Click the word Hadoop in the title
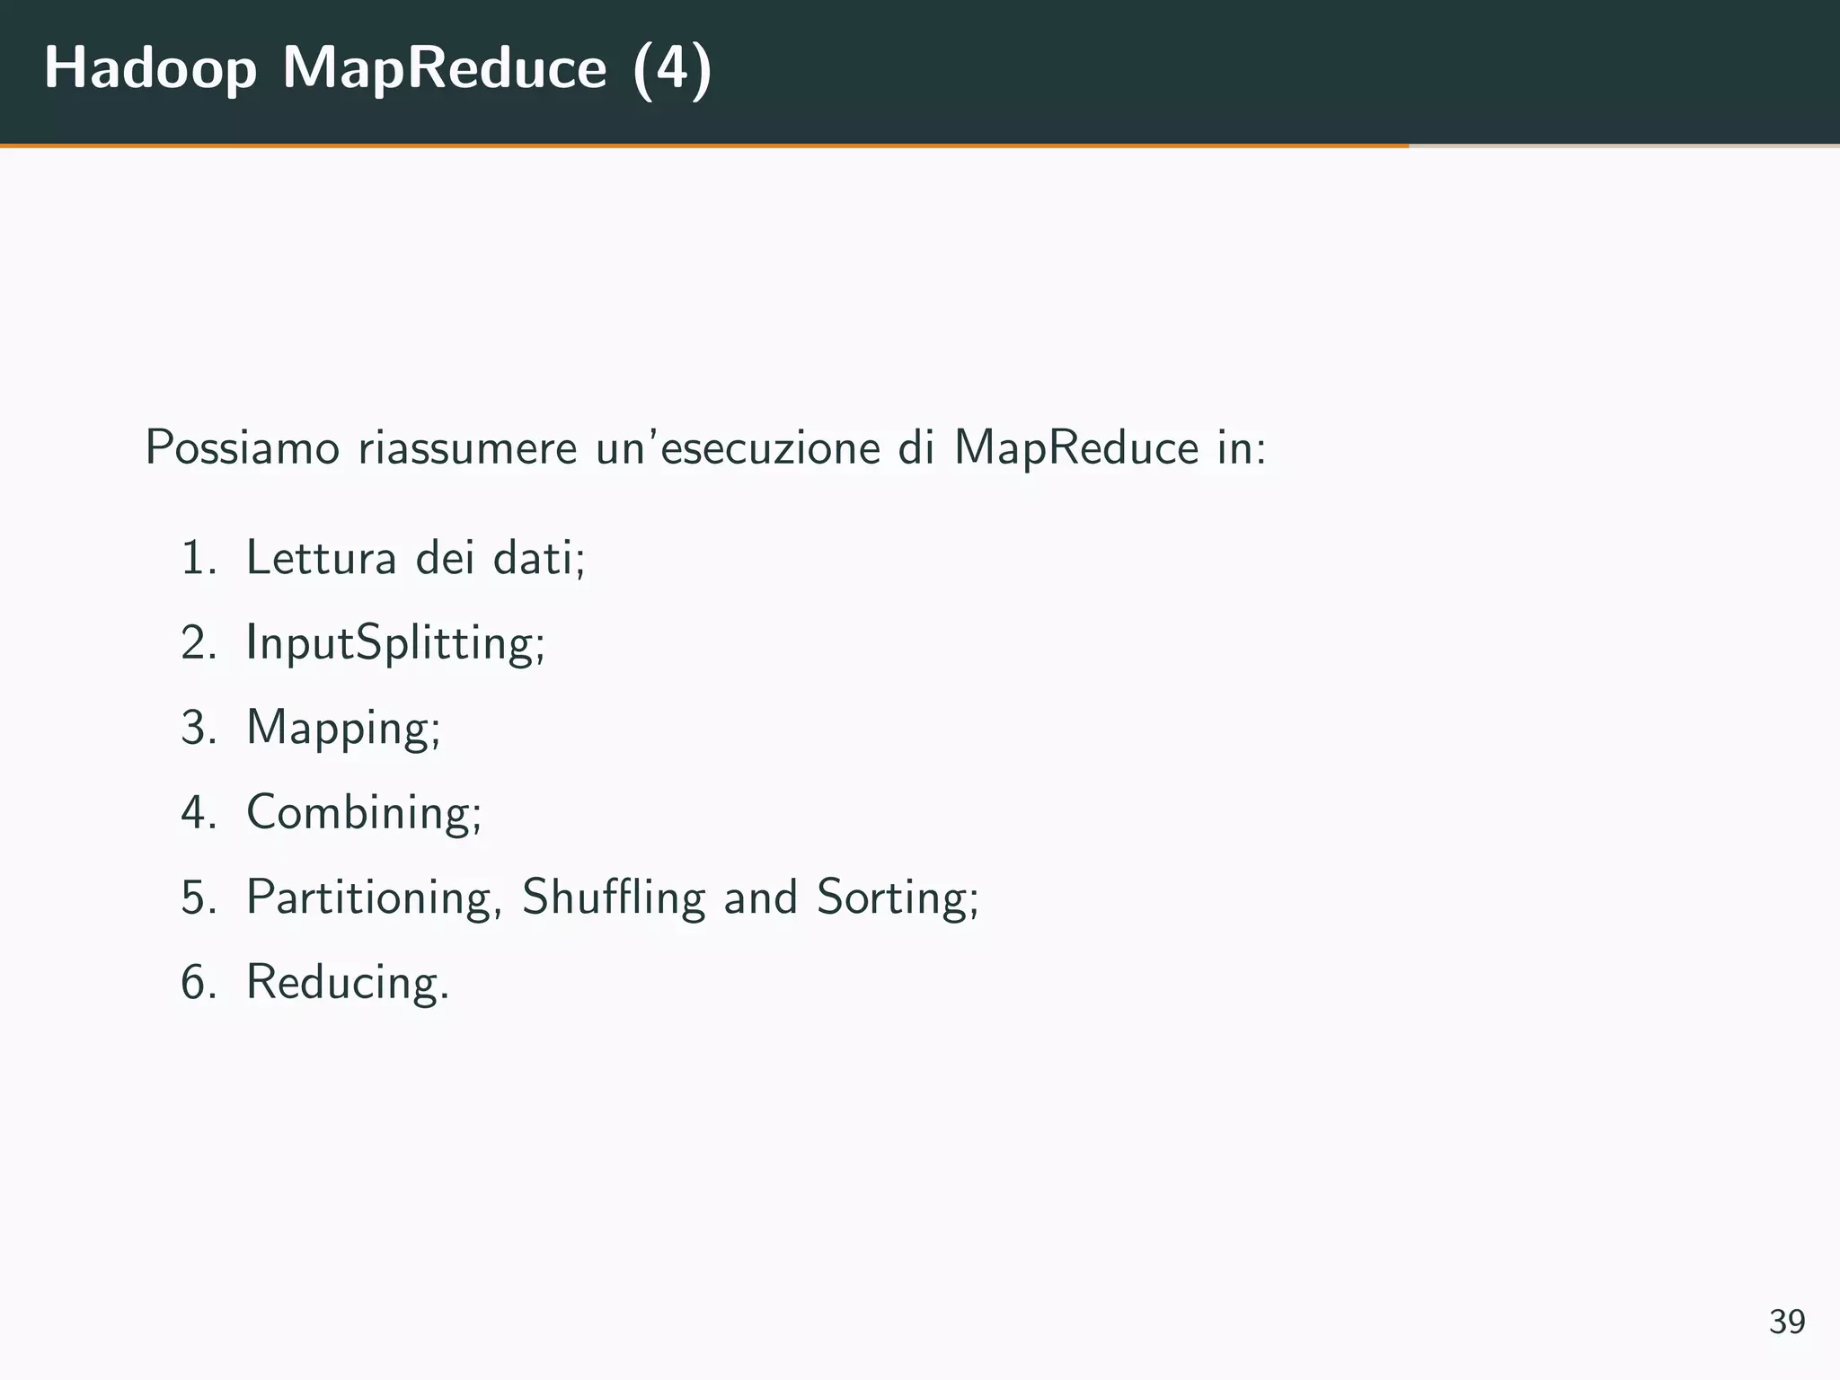click(150, 68)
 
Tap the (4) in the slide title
click(672, 68)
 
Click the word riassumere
click(467, 447)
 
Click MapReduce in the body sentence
click(1075, 447)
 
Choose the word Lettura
click(321, 557)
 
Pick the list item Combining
click(362, 812)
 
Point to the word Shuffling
click(614, 897)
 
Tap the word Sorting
click(894, 897)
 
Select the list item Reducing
click(346, 981)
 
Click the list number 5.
click(197, 897)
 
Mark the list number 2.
click(197, 643)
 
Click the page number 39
click(1786, 1322)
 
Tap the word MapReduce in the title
click(445, 68)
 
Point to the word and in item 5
click(760, 897)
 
